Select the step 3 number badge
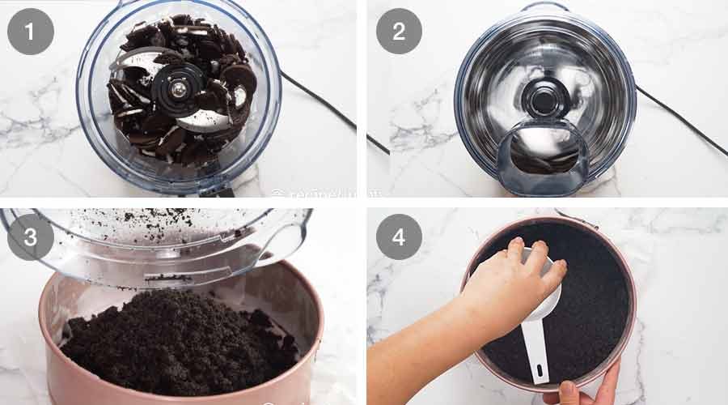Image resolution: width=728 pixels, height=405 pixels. pyautogui.click(x=31, y=237)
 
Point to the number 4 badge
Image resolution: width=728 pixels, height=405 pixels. pyautogui.click(x=399, y=237)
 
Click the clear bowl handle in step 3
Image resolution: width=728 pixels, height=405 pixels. pyautogui.click(x=283, y=243)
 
